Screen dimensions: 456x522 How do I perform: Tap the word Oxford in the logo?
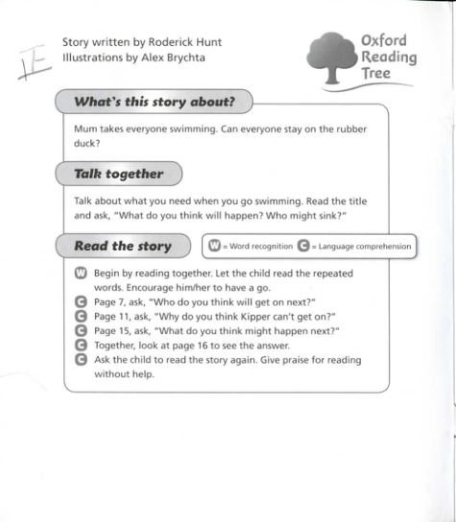tap(383, 40)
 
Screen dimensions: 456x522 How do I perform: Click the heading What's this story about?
tap(155, 102)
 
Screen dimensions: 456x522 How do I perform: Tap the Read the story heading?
tap(122, 246)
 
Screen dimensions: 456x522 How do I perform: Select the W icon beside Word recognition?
tap(216, 247)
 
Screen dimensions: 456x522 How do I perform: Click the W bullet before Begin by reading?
tap(81, 273)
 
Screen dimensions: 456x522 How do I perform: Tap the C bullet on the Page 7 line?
tap(81, 301)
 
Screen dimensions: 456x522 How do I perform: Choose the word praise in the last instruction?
tap(299, 360)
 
